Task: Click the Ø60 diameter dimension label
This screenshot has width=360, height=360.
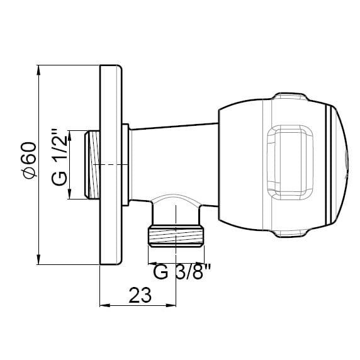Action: (x=30, y=160)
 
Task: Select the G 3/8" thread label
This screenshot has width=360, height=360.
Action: (x=182, y=272)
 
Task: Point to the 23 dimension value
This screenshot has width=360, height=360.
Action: (x=140, y=295)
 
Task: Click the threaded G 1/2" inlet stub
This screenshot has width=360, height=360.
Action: (x=92, y=165)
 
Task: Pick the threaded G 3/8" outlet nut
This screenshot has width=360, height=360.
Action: (x=176, y=236)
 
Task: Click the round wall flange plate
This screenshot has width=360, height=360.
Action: (x=111, y=165)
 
